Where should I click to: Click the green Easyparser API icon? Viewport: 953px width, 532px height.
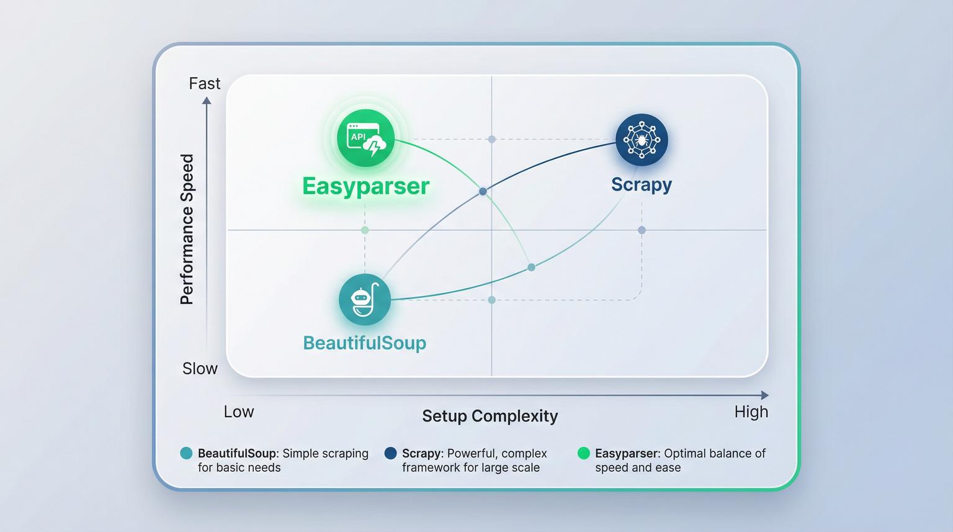tap(365, 138)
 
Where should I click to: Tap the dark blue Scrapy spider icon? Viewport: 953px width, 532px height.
tap(642, 140)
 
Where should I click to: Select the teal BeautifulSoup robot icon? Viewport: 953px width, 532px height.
tap(365, 299)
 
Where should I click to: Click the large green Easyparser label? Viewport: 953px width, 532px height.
tap(365, 186)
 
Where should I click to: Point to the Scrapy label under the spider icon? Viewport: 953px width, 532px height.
tap(642, 184)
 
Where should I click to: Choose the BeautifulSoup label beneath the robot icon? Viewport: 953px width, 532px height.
tap(364, 343)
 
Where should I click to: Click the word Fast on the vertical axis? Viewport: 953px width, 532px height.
tap(204, 83)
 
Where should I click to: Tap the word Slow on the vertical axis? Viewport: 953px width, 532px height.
tap(200, 369)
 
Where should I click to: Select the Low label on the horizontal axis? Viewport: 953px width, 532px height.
tap(239, 412)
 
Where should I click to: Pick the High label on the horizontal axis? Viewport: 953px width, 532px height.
tap(751, 412)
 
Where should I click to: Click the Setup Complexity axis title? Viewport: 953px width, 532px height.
tap(490, 416)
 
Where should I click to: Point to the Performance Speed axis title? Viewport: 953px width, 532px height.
tap(187, 230)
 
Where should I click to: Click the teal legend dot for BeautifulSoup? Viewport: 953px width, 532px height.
tap(186, 453)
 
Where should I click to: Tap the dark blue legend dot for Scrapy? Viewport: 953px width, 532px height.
tap(390, 453)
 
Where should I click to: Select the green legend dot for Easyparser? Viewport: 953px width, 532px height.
tap(583, 453)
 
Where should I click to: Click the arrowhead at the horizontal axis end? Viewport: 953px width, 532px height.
tap(764, 395)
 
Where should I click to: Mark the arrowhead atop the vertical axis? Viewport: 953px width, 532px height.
tap(207, 101)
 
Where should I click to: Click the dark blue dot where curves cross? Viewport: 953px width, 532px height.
tap(483, 192)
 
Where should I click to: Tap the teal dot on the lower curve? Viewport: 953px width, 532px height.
tap(531, 268)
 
